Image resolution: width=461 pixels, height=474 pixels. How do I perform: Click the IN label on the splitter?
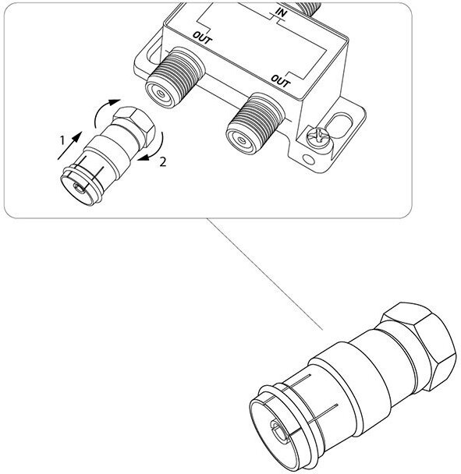click(280, 12)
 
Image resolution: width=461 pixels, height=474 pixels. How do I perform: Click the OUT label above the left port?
click(203, 37)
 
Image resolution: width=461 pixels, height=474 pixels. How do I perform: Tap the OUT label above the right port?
click(280, 81)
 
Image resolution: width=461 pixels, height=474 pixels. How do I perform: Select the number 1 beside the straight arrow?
click(62, 140)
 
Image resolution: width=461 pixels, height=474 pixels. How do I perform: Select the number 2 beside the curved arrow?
click(163, 162)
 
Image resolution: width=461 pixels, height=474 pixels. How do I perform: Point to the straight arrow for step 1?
click(69, 146)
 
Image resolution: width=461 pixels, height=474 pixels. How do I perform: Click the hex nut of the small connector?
click(135, 124)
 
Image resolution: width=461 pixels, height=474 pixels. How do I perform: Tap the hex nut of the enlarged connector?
click(420, 345)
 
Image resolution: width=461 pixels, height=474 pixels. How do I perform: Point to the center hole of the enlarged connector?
click(278, 429)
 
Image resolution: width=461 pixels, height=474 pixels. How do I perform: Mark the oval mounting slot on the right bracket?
click(339, 124)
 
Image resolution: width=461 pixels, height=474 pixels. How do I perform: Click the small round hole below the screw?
click(309, 159)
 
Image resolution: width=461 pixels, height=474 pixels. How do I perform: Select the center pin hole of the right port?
click(241, 140)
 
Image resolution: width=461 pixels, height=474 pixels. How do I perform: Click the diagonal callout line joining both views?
click(265, 274)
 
